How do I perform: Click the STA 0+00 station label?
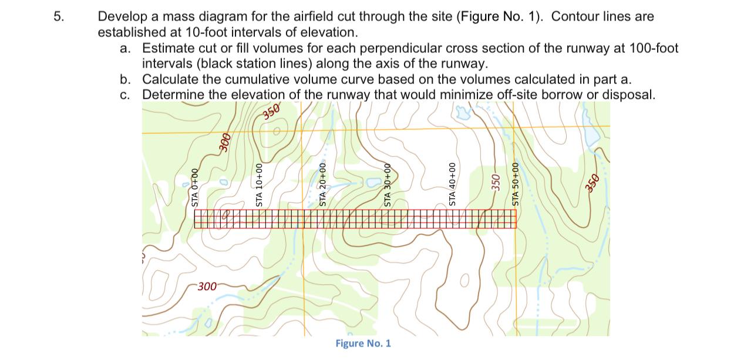(195, 187)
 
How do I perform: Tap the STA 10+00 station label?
(260, 184)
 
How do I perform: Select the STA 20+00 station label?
(322, 184)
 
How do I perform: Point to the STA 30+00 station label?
(388, 184)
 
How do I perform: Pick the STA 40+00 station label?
(452, 184)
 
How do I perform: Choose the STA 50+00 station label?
(516, 184)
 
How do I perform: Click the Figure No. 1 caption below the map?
(363, 344)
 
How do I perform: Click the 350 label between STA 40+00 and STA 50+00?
(496, 181)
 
